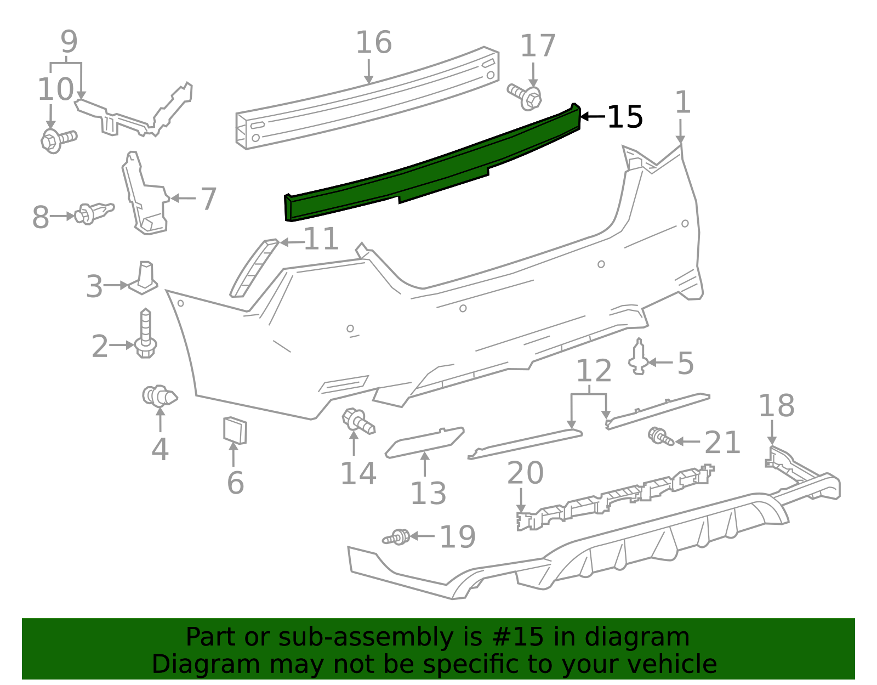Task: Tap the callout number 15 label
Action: pos(625,117)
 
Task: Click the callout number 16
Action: pos(374,43)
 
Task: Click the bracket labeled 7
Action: pos(144,195)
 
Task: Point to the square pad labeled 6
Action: pos(235,430)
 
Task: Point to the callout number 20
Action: pos(525,473)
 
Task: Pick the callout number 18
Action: pos(776,406)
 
